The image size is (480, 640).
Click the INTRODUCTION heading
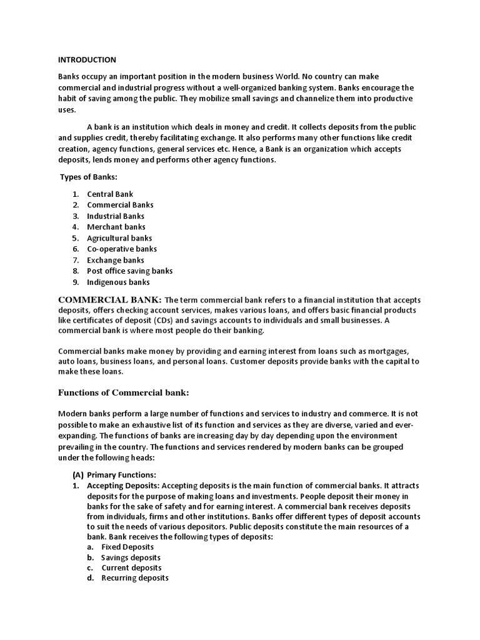87,60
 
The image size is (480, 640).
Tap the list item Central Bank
110,194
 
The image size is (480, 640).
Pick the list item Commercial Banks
120,205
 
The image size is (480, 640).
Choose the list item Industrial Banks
116,216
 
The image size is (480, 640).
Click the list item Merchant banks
116,227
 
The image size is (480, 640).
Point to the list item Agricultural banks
119,238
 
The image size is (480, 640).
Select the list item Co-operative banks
122,249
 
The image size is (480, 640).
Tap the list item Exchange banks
116,260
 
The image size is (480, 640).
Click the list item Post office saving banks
130,271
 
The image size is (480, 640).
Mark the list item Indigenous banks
119,282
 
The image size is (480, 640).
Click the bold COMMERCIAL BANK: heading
110,299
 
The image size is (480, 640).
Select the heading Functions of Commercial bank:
123,392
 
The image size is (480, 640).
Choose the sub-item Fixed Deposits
127,547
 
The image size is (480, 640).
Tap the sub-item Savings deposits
131,557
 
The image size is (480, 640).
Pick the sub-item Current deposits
131,568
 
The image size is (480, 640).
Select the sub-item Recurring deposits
135,578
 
